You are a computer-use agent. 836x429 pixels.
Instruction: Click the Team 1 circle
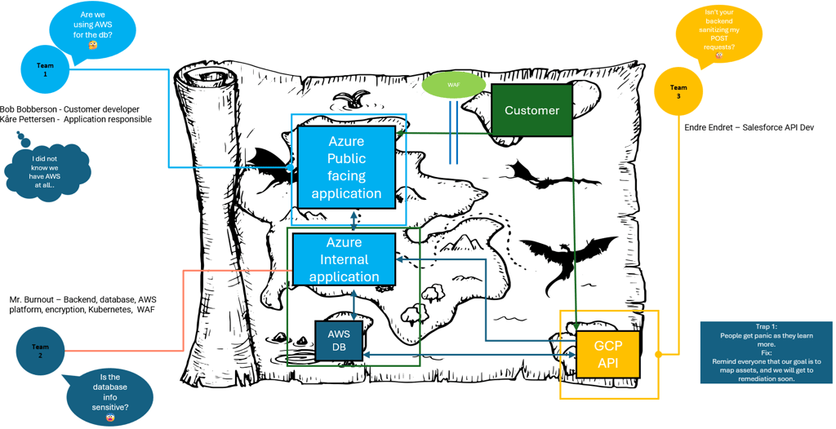click(x=45, y=69)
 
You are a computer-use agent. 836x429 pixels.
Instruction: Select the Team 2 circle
click(x=40, y=351)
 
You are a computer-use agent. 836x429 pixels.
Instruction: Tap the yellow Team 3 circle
click(x=678, y=91)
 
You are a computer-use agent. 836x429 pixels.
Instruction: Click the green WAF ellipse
click(x=454, y=86)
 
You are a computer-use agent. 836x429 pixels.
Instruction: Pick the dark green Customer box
click(x=531, y=110)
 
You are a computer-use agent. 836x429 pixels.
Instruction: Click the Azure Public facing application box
click(x=346, y=167)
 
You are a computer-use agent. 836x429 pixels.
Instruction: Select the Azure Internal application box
click(x=344, y=259)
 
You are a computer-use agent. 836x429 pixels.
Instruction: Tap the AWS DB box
click(x=339, y=341)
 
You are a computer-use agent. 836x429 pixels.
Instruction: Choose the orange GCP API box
click(x=608, y=354)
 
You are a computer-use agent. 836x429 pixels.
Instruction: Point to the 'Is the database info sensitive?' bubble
click(x=109, y=396)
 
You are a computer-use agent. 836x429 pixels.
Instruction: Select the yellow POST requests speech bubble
click(x=719, y=37)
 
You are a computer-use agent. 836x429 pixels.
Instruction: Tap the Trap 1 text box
click(x=767, y=352)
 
